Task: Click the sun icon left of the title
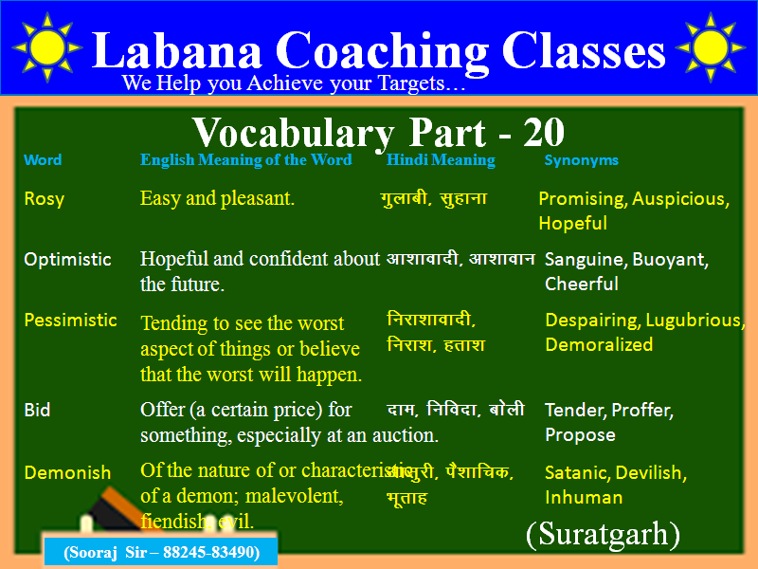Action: [47, 46]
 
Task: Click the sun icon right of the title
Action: [711, 46]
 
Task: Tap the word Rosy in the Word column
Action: [44, 198]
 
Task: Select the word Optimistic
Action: [67, 259]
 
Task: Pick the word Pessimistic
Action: [70, 320]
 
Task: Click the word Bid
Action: [37, 411]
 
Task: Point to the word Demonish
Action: [67, 472]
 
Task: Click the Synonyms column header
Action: [581, 160]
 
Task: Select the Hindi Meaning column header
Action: [441, 160]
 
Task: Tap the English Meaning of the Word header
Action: [245, 160]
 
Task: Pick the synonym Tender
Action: [574, 411]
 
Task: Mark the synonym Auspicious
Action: [680, 198]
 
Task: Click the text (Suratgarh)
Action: [603, 535]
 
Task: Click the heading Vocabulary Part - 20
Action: [379, 131]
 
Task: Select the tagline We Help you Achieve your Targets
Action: [294, 83]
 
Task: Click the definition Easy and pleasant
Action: [217, 198]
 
